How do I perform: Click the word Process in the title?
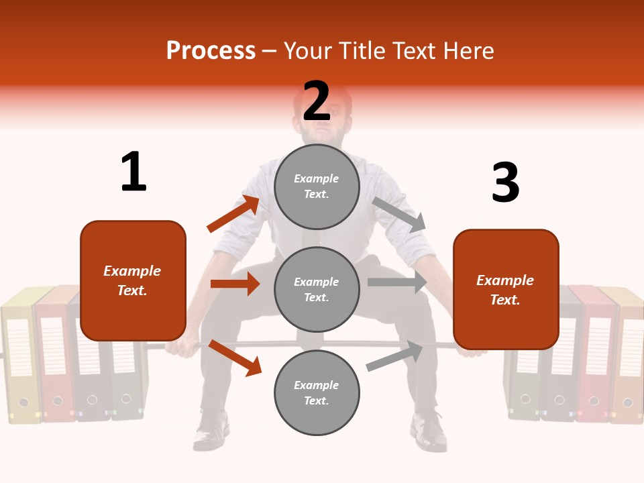point(211,51)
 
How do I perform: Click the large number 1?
point(133,172)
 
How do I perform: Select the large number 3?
point(505,182)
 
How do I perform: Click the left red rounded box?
point(133,280)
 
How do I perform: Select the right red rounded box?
point(506,289)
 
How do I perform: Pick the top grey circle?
point(317,186)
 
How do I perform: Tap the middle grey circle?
point(317,289)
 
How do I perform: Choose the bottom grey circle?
point(317,392)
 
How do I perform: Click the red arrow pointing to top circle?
point(233,214)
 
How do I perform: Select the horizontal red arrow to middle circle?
point(235,284)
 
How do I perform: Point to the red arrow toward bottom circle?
point(235,357)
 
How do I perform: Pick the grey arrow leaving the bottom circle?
point(395,356)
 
